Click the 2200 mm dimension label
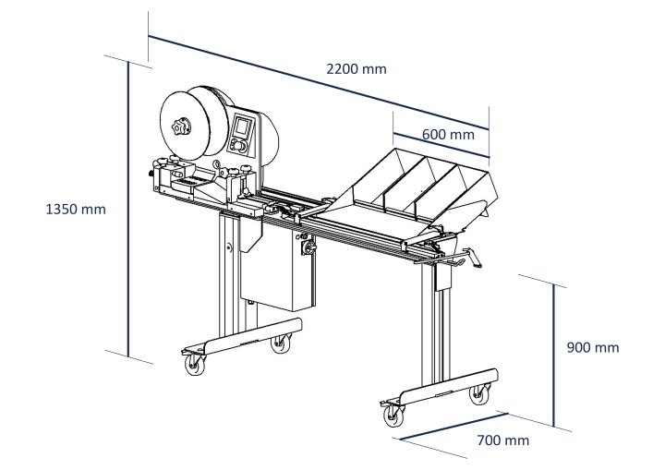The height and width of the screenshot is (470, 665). coord(356,69)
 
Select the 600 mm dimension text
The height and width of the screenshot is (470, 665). coord(448,134)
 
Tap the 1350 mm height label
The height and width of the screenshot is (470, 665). coord(76,209)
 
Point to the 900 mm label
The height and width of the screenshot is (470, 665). coord(592,347)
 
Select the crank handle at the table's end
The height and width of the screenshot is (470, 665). coord(470,262)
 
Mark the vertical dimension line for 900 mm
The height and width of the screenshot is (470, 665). coord(554,356)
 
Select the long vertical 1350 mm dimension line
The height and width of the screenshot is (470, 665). coord(127,208)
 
